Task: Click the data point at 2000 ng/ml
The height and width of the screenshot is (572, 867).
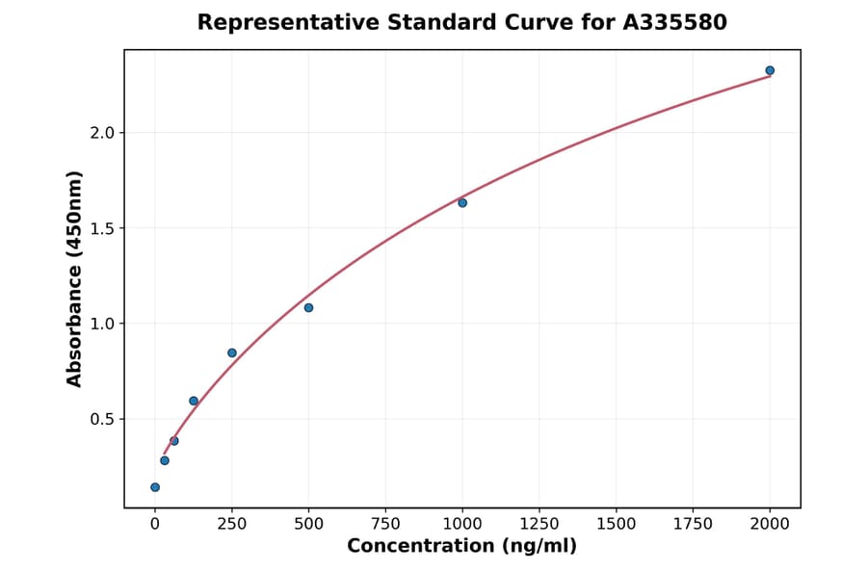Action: coord(770,70)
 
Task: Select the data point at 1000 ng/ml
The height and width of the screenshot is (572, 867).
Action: coord(462,203)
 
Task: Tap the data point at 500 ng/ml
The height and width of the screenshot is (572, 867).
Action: coord(308,308)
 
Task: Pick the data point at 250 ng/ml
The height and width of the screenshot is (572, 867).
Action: coord(232,353)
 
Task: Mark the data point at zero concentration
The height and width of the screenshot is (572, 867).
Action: coord(155,487)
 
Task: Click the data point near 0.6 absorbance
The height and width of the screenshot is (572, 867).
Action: coord(194,401)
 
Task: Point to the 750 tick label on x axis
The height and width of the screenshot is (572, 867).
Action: coord(385,524)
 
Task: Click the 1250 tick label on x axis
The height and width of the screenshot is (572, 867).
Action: coord(539,524)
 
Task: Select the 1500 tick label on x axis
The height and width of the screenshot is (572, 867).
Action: coord(617,524)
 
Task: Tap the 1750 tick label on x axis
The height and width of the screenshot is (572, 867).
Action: coord(693,524)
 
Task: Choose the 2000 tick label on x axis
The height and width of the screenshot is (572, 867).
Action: coord(770,524)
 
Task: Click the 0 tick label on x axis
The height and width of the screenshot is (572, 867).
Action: coord(155,524)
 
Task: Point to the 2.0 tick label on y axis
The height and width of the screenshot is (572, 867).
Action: coord(103,133)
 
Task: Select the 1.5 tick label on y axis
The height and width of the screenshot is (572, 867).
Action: coord(103,228)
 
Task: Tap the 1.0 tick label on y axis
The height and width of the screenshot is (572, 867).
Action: coord(103,324)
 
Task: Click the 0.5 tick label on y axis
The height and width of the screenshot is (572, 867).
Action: coord(103,419)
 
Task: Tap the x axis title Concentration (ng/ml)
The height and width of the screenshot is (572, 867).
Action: coord(461,547)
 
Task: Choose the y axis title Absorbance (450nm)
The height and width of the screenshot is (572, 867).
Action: coord(75,278)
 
